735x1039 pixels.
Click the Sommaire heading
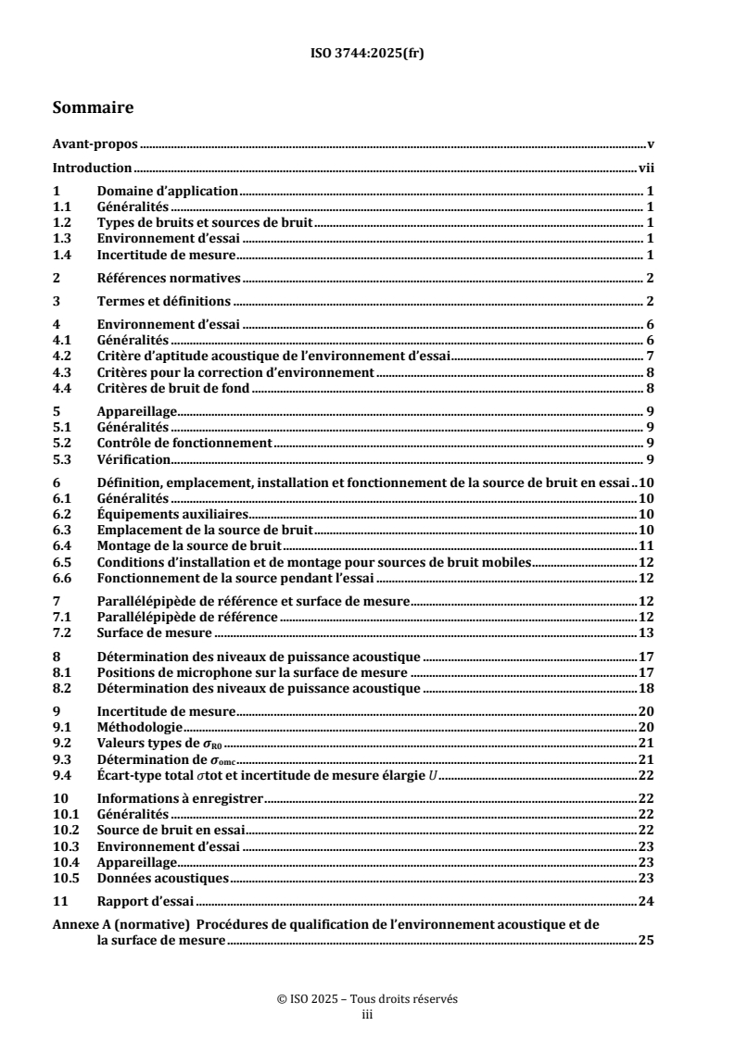click(93, 108)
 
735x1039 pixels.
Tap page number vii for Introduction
click(648, 169)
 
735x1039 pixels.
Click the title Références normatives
click(169, 277)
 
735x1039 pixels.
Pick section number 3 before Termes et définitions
click(57, 301)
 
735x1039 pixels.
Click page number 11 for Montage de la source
click(648, 545)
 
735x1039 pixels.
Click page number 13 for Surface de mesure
click(648, 632)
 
